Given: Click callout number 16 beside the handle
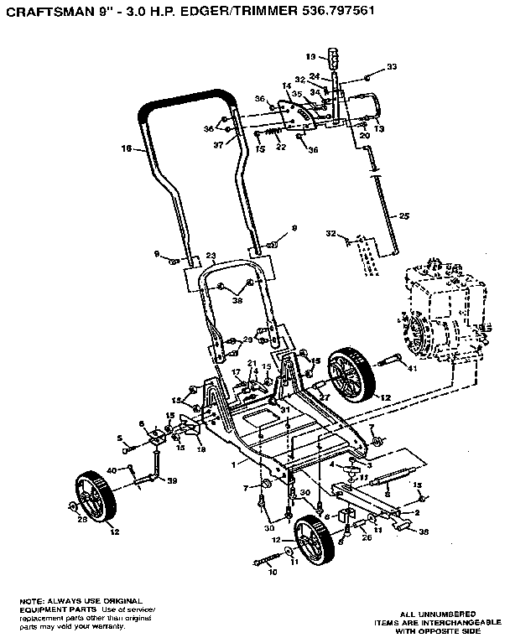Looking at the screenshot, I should (x=127, y=150).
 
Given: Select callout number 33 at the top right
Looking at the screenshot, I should (x=392, y=66).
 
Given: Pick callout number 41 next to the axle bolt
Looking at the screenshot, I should (x=411, y=367).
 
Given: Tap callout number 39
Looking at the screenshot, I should (x=173, y=480).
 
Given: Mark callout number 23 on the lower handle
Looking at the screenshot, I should (x=211, y=257).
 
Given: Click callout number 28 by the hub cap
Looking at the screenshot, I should (x=81, y=520).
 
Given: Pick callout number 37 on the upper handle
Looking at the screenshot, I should (x=219, y=144).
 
